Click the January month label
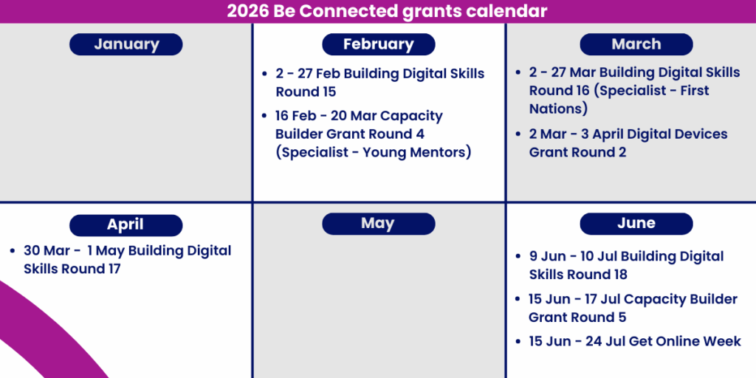click(126, 44)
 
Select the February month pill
click(379, 44)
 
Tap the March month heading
click(636, 44)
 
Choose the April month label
click(126, 225)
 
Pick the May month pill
click(379, 224)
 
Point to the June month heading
click(636, 224)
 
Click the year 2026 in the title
click(248, 11)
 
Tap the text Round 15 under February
click(306, 92)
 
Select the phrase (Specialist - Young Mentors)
click(373, 152)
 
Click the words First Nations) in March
click(619, 100)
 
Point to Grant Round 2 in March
click(577, 152)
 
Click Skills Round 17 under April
click(72, 269)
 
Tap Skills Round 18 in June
click(578, 275)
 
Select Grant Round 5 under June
click(577, 317)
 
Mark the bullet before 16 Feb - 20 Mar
click(264, 116)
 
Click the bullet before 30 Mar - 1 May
click(13, 251)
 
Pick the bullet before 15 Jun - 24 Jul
click(518, 342)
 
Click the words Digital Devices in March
click(660, 134)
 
